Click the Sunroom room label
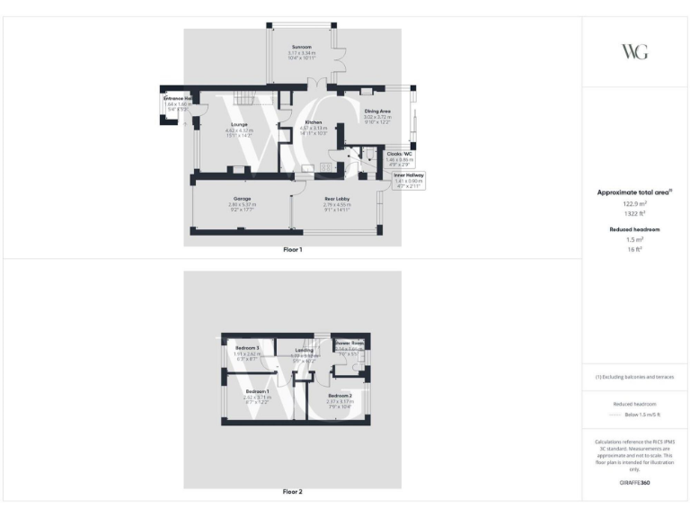(301, 47)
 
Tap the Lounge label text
(239, 124)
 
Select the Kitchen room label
(313, 121)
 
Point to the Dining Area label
(376, 112)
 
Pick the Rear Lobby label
(336, 198)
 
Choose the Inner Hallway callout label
(409, 175)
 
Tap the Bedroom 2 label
(340, 396)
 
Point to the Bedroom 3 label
(247, 348)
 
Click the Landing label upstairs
(305, 350)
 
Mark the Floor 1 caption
(293, 249)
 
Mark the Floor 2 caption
(293, 492)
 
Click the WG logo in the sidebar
(635, 51)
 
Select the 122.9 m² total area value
(635, 204)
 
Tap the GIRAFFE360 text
(635, 483)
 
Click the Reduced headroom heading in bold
(635, 229)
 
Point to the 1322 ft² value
(635, 214)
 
